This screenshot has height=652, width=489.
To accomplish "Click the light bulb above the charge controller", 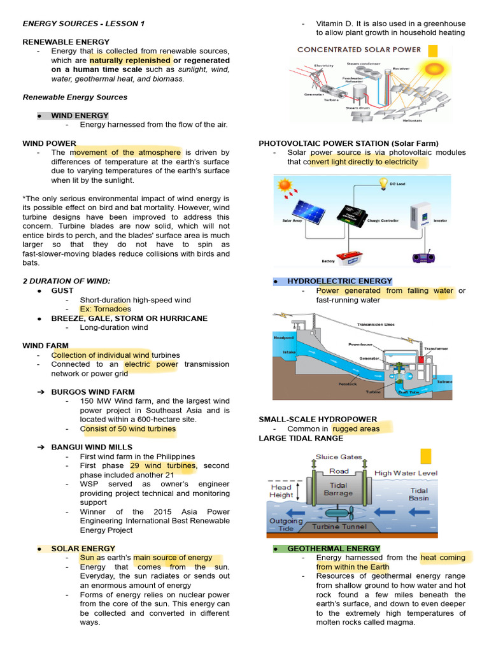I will (x=383, y=184).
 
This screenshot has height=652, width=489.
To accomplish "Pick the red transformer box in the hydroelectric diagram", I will (x=421, y=360).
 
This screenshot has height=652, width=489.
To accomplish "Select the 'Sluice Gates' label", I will (x=339, y=457).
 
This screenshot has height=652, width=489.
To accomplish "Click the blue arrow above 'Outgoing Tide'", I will (x=285, y=511).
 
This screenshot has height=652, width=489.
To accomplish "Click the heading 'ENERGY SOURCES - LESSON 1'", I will (x=83, y=24).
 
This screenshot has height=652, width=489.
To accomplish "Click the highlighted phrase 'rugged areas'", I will (x=356, y=429).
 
